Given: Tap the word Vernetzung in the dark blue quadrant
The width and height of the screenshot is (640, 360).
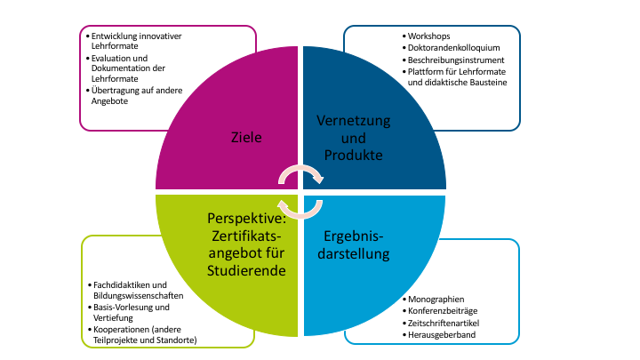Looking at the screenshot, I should (353, 120).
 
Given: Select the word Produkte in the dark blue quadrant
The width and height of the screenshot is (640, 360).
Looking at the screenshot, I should (353, 155).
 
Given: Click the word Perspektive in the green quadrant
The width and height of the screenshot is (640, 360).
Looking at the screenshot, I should (247, 218).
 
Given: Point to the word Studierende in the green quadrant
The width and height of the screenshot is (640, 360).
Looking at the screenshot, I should (246, 270).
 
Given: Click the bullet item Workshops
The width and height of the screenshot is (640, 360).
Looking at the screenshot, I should (429, 36).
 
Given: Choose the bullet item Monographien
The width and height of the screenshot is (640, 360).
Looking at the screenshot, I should (436, 299).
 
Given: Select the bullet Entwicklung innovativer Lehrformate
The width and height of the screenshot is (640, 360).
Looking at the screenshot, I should (137, 42).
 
